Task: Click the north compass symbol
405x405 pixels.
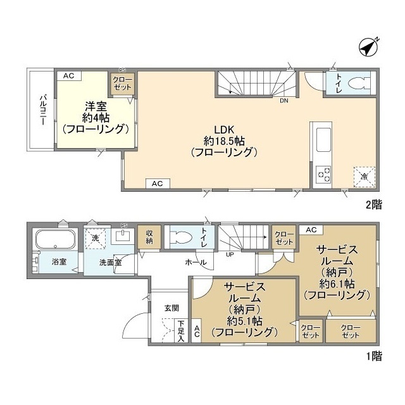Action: pos(369,48)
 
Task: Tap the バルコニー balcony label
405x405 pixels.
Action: pos(43,110)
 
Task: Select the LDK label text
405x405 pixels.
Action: pos(223,129)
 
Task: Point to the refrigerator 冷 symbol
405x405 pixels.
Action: pos(364,177)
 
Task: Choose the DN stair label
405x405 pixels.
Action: pos(284,101)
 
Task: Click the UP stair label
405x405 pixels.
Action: pos(230,254)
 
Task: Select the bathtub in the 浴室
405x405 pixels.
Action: pos(56,239)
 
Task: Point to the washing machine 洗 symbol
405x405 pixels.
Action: pos(96,239)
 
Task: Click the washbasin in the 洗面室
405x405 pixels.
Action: pos(123,236)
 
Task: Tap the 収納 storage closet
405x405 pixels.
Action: pos(149,237)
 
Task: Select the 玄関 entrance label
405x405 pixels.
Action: pos(171,308)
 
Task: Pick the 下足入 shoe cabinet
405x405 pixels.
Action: pos(182,331)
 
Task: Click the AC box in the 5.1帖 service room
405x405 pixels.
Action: pos(197,331)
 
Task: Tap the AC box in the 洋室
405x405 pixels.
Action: pos(69,76)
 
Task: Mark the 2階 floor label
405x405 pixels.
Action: pos(374,205)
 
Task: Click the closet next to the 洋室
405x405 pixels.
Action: pos(122,84)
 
